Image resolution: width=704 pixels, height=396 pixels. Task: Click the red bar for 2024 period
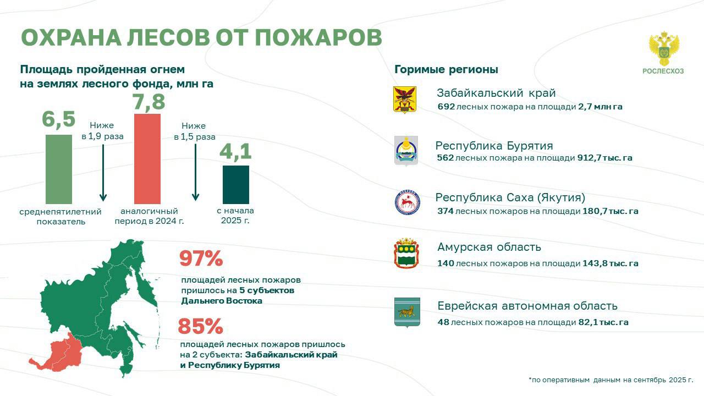pyautogui.click(x=147, y=159)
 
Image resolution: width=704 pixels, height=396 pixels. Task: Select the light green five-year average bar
pyautogui.click(x=59, y=169)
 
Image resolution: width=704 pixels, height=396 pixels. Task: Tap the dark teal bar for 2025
pyautogui.click(x=236, y=185)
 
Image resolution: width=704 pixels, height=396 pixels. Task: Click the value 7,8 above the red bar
pyautogui.click(x=148, y=102)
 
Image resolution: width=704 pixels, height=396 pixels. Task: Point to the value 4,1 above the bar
pyautogui.click(x=235, y=151)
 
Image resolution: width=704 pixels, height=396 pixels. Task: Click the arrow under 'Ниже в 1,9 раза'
pyautogui.click(x=103, y=173)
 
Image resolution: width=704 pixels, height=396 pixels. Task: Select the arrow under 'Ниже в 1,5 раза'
pyautogui.click(x=195, y=172)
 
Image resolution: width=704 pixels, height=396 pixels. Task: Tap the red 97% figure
pyautogui.click(x=201, y=258)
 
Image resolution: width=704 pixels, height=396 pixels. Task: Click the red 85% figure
pyautogui.click(x=200, y=326)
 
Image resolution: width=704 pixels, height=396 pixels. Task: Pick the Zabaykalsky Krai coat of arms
pyautogui.click(x=405, y=100)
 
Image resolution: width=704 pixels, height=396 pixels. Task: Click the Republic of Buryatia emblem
pyautogui.click(x=406, y=151)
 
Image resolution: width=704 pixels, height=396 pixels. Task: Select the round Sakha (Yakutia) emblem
pyautogui.click(x=408, y=202)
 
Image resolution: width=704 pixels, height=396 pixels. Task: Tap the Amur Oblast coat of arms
pyautogui.click(x=406, y=254)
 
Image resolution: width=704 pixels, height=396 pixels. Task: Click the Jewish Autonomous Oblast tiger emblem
pyautogui.click(x=407, y=313)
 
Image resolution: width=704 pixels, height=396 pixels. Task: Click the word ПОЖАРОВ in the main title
pyautogui.click(x=318, y=38)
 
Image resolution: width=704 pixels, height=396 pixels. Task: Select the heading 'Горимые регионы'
pyautogui.click(x=446, y=69)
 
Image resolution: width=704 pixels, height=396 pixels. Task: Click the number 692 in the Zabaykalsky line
pyautogui.click(x=446, y=107)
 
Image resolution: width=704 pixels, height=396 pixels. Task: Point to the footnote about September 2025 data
pyautogui.click(x=610, y=380)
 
